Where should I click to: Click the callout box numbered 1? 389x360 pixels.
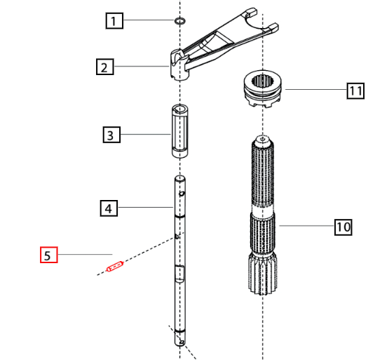coord(114,21)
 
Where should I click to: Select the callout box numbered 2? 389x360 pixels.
coord(104,67)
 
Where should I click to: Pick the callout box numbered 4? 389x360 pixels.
coord(107,208)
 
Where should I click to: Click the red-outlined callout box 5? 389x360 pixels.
coord(48,255)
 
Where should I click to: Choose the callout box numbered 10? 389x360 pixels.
coord(342,227)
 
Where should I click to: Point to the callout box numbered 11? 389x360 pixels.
coord(356,90)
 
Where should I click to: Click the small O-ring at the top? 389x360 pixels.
coord(179,21)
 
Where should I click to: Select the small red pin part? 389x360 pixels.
coord(114,267)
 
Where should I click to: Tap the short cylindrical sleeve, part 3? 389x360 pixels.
coord(179,132)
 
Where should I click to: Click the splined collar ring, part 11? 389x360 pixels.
coord(264,89)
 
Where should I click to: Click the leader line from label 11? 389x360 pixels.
coord(315,90)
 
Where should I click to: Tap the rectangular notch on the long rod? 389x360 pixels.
coord(179,273)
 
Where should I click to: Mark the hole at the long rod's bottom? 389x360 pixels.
coord(182,342)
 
